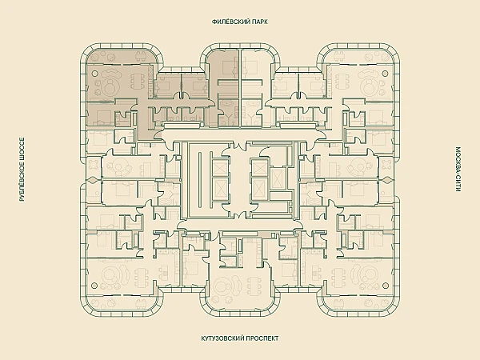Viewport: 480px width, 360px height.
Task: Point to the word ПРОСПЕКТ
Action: pos(262,338)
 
